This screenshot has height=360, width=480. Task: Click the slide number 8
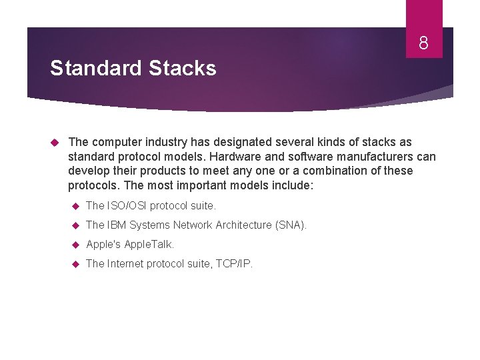(x=423, y=44)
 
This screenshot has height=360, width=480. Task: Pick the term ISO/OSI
(x=126, y=206)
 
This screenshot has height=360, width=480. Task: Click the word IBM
(x=117, y=225)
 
